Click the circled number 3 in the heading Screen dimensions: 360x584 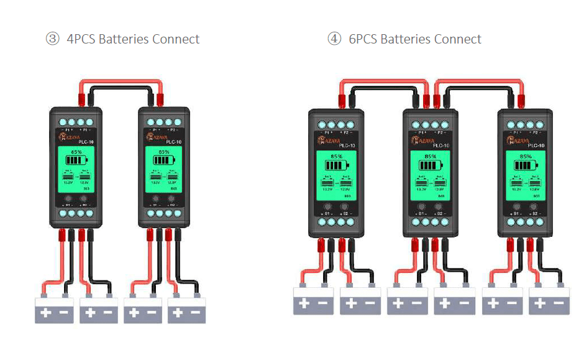[x=52, y=39]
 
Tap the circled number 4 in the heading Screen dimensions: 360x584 [x=334, y=39]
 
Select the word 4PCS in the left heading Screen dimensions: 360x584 [x=81, y=39]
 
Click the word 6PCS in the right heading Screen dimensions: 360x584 [x=363, y=39]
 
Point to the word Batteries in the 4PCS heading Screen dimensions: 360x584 [x=124, y=39]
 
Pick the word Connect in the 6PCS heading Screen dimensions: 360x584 [x=457, y=39]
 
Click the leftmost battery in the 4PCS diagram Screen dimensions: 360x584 [x=54, y=309]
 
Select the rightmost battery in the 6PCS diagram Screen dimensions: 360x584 [x=549, y=301]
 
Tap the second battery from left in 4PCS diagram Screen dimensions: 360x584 [x=98, y=309]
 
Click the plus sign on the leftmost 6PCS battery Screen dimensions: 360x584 [x=304, y=304]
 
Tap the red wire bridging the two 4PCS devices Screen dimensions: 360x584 [x=119, y=81]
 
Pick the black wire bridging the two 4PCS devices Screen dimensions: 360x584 [x=120, y=89]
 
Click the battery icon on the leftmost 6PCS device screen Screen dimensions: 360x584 [x=336, y=166]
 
